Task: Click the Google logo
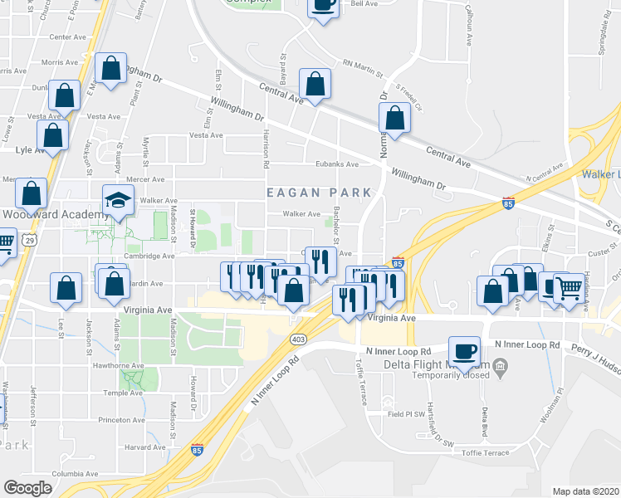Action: click(x=27, y=488)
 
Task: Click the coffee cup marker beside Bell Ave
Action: click(x=322, y=5)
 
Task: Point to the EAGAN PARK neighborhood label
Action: click(x=320, y=192)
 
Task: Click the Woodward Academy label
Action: click(x=56, y=213)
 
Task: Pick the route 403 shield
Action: click(x=299, y=338)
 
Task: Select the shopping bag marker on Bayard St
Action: click(x=315, y=84)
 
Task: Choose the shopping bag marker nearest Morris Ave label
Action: click(x=110, y=69)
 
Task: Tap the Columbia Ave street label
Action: click(x=74, y=474)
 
